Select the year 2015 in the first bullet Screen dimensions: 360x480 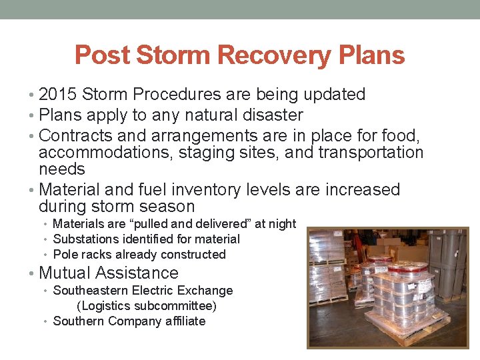coord(59,95)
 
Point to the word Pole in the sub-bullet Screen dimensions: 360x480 coord(65,254)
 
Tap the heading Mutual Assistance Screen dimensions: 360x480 coord(109,273)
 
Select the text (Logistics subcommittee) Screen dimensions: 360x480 coord(147,306)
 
